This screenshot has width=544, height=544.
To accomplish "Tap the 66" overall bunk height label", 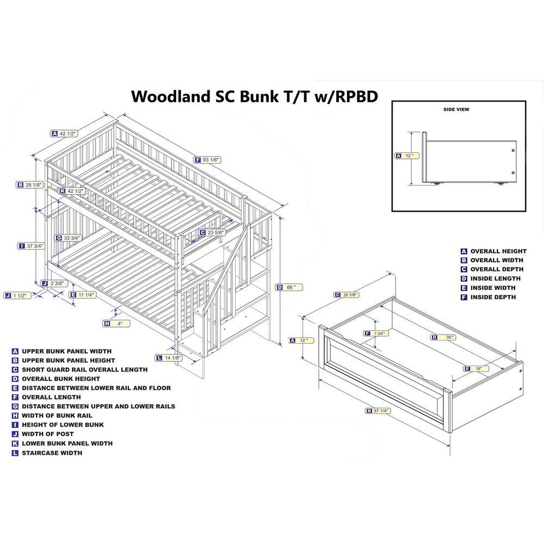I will [290, 287].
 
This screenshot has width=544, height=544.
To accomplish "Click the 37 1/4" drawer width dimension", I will [380, 411].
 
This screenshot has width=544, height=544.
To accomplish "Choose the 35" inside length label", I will [446, 337].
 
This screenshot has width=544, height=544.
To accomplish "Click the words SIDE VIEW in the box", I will [456, 109].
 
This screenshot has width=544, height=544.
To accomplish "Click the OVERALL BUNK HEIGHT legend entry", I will [61, 379].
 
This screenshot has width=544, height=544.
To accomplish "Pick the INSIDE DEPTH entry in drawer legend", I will [493, 297].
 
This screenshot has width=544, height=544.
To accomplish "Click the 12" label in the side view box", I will [409, 156].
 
